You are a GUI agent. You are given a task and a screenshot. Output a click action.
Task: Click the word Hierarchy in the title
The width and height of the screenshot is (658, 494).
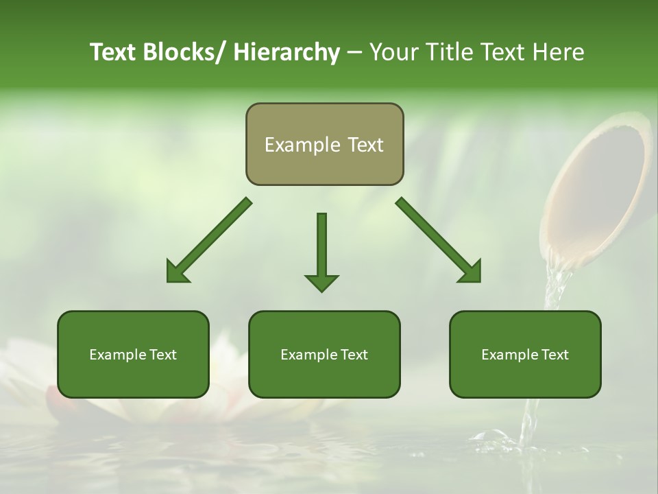[287, 53]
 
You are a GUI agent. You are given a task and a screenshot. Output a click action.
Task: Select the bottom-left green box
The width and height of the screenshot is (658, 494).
[133, 374]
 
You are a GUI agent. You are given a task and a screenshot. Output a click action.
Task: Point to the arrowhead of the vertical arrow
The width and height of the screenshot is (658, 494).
[321, 282]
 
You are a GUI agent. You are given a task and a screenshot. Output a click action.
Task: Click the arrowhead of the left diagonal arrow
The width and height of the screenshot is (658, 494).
[177, 272]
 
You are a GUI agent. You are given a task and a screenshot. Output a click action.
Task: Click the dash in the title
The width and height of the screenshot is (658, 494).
[354, 53]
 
